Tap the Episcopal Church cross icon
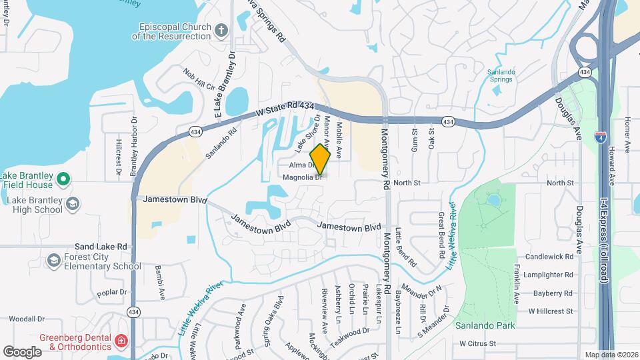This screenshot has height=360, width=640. click(222, 30)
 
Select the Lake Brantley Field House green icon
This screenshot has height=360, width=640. click(63, 178)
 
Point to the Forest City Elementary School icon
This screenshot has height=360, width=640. click(54, 260)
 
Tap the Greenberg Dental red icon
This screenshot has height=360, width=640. click(121, 341)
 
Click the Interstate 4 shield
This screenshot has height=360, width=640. click(601, 137)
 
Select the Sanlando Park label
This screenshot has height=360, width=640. click(477, 326)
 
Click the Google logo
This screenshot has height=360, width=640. click(22, 351)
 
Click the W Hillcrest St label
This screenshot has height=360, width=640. click(551, 311)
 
